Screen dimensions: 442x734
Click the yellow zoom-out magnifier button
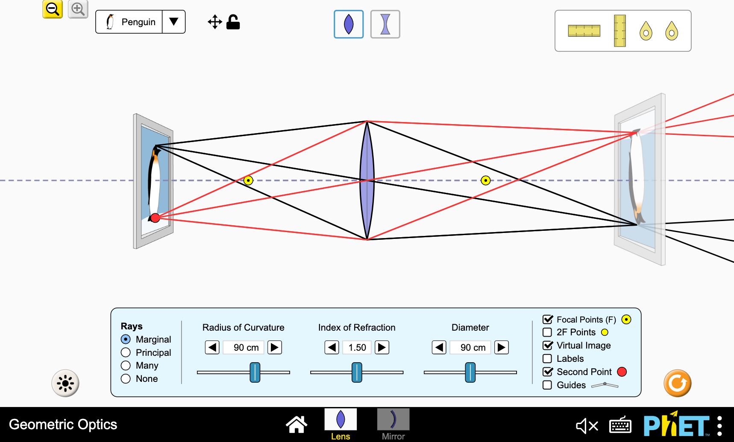(53, 9)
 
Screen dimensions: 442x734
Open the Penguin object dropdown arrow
(173, 22)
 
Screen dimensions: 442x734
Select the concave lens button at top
(385, 24)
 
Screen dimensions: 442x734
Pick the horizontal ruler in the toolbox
(584, 31)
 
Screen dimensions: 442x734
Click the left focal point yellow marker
(248, 180)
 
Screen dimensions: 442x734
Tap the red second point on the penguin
(155, 218)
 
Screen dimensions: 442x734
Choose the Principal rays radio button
(126, 352)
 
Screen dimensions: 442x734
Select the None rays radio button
(126, 379)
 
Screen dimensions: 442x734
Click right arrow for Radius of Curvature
(275, 347)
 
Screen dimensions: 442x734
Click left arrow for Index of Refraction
(332, 347)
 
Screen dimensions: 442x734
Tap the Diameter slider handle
(470, 372)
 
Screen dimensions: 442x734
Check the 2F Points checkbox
(547, 332)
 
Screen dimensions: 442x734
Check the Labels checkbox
(547, 359)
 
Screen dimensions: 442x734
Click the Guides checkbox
(547, 385)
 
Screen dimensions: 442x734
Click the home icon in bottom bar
(297, 425)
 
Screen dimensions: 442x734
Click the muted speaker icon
(587, 425)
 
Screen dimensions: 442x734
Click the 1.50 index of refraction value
(357, 347)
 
